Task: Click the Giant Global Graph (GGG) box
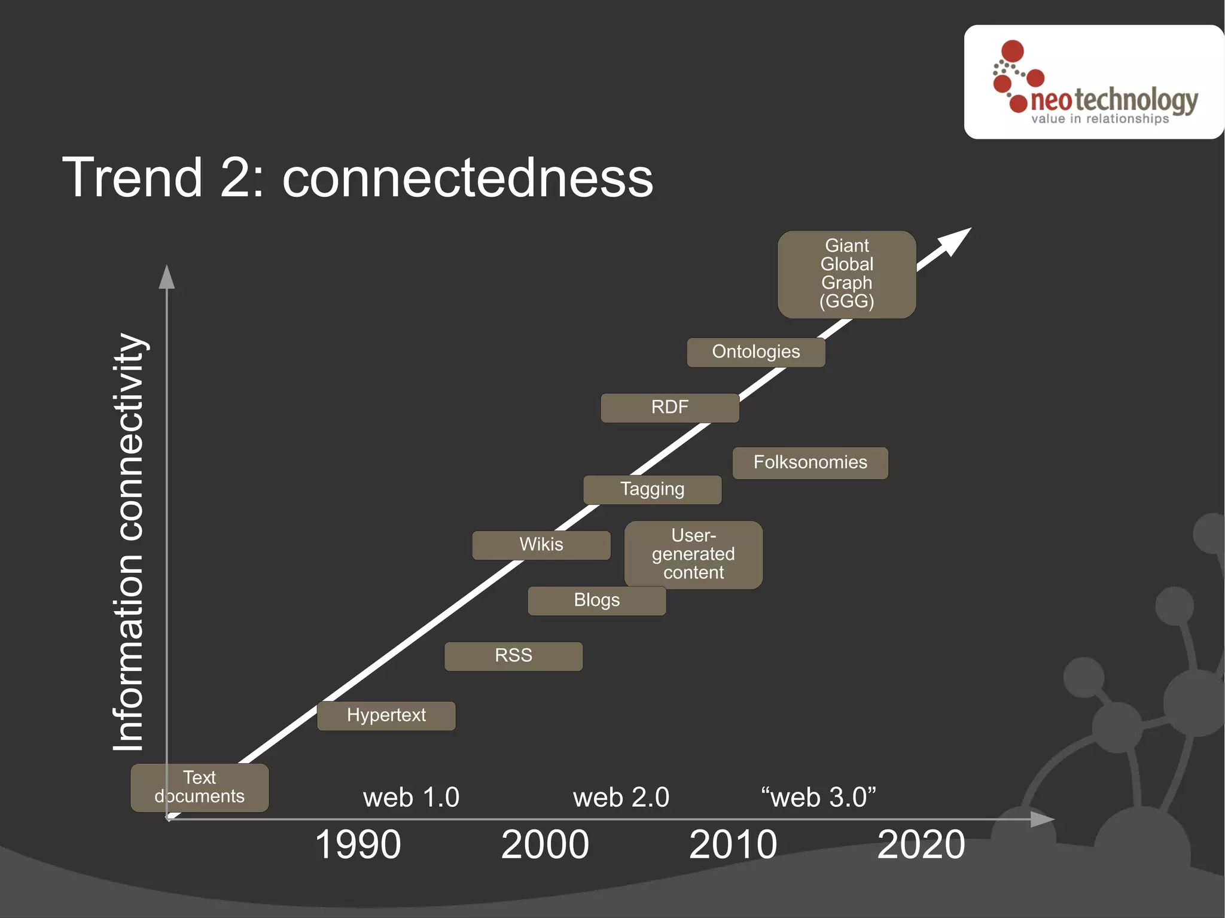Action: click(846, 274)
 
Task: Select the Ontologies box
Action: click(755, 352)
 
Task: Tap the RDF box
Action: click(669, 407)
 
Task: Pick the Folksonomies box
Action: click(810, 462)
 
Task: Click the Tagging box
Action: click(652, 489)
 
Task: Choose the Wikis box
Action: click(541, 545)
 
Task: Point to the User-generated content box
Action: click(693, 554)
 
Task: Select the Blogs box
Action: click(596, 600)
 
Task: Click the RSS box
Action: click(513, 655)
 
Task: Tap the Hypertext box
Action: click(386, 715)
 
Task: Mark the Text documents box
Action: click(199, 787)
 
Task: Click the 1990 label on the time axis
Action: click(358, 844)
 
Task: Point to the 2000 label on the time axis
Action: click(545, 844)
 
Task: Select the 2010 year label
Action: click(733, 844)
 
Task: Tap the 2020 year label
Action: click(921, 844)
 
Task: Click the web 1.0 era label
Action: click(411, 797)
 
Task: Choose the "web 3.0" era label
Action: click(818, 797)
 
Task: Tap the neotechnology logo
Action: click(1094, 83)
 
